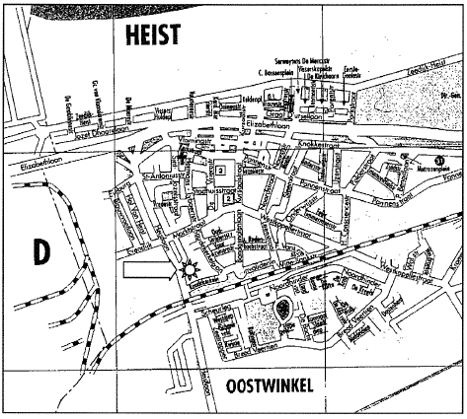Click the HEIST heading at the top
151,36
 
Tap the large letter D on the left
40,251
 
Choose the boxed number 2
229,199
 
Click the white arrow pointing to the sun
145,266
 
